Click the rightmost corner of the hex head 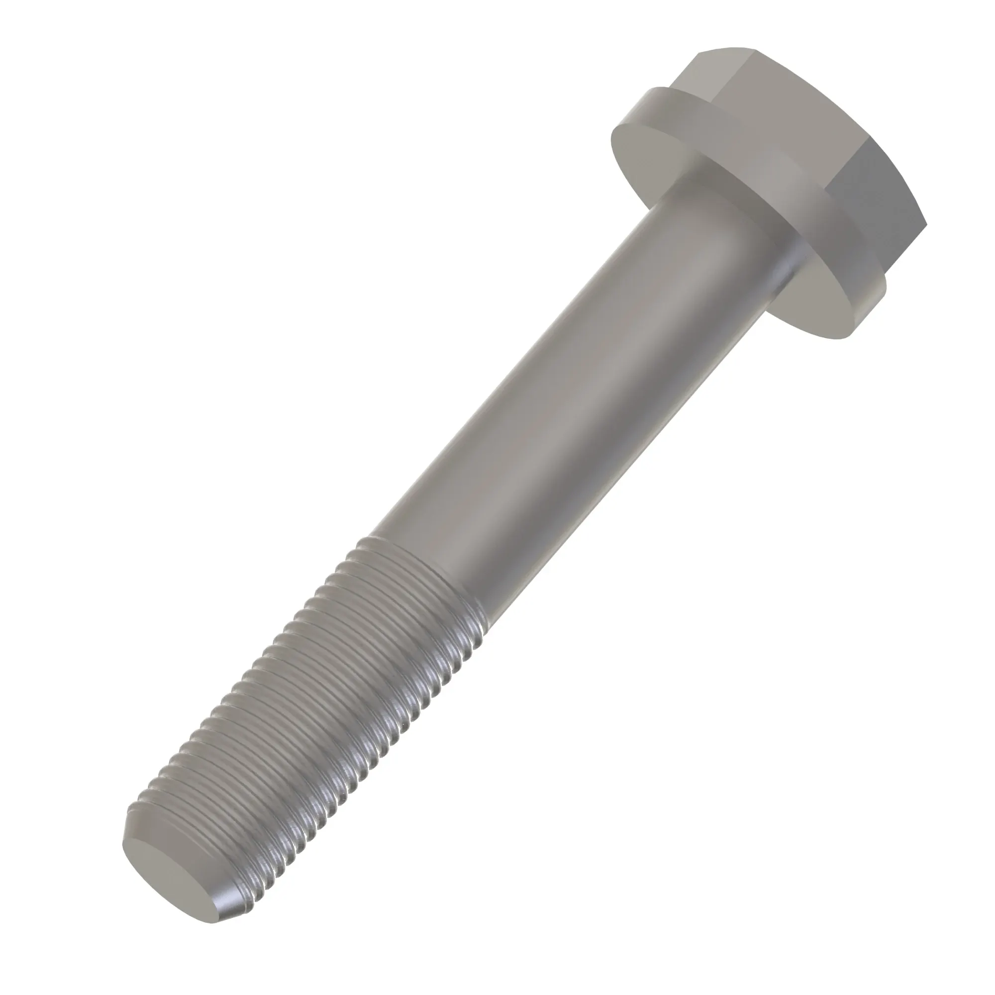point(926,225)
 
